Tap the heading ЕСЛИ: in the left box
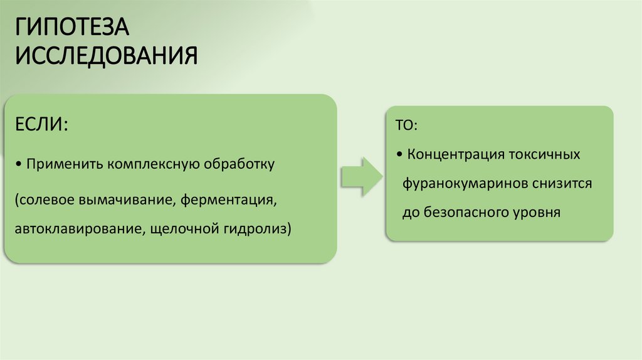tap(42, 123)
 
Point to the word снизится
tap(562, 184)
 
